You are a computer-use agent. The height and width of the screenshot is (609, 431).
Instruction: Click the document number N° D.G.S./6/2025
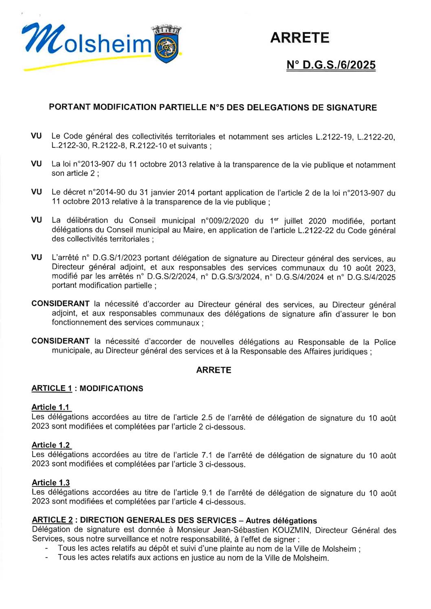click(331, 65)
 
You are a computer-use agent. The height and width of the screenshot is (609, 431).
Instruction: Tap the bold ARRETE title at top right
click(299, 38)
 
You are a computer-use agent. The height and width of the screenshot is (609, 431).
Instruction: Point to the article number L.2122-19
click(334, 137)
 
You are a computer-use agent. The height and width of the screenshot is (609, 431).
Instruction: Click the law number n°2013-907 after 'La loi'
click(96, 164)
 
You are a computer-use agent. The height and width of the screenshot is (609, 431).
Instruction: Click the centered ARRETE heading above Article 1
click(213, 370)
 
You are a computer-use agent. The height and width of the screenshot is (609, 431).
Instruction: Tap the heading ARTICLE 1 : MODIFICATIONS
click(87, 388)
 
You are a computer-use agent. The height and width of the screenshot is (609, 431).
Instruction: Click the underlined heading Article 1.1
click(51, 407)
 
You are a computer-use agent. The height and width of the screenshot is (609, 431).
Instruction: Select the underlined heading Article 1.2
click(51, 445)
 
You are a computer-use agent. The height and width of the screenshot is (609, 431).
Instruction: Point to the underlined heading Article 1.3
click(51, 482)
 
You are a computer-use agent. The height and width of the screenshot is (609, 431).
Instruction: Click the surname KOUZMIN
click(291, 530)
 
